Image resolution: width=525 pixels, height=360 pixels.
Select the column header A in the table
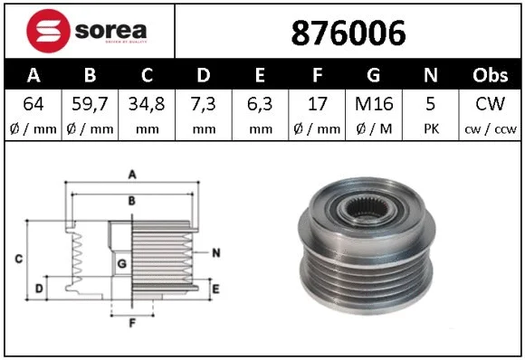tap(33, 75)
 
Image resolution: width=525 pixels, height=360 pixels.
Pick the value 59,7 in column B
tap(90, 104)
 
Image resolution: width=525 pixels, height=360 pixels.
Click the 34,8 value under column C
tap(147, 104)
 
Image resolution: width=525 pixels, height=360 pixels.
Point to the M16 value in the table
tap(374, 104)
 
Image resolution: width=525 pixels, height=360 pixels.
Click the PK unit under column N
tap(431, 128)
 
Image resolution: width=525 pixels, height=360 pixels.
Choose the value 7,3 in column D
tap(204, 104)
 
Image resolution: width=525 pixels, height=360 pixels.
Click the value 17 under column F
tap(317, 104)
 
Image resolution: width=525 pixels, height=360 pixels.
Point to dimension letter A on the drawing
tap(132, 174)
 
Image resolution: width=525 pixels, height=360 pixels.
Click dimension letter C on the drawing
tap(18, 261)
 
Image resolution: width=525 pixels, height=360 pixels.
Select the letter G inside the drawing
tap(120, 263)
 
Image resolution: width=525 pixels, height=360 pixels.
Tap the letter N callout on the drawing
tap(216, 253)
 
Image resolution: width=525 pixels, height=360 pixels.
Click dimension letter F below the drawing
tap(132, 323)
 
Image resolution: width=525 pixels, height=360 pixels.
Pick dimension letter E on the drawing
tap(215, 289)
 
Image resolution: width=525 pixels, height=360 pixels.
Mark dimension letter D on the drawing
tap(37, 289)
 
